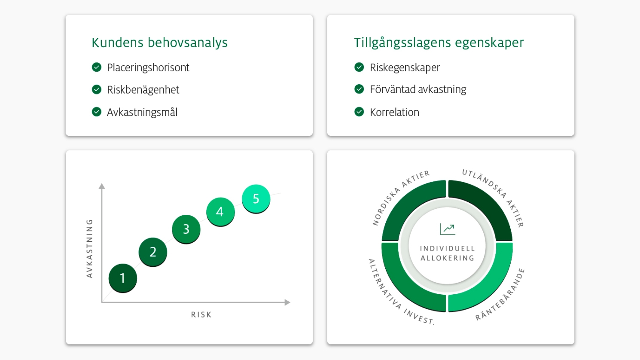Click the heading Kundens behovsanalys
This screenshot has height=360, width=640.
(x=159, y=43)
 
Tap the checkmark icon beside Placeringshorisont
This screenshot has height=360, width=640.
(x=97, y=67)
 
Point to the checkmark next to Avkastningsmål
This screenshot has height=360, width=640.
(x=97, y=112)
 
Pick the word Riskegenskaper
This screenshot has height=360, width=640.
(x=405, y=68)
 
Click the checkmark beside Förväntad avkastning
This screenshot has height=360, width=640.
(x=359, y=89)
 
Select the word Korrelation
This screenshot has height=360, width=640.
(x=395, y=112)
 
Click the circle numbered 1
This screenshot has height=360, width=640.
(x=123, y=278)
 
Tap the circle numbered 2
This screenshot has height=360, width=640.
(x=153, y=252)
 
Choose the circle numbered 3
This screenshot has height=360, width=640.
(x=186, y=229)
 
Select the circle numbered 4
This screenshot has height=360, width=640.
(x=220, y=212)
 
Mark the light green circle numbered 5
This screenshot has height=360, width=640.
(x=256, y=199)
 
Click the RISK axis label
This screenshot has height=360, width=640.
(x=201, y=314)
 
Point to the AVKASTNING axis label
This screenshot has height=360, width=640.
(x=90, y=249)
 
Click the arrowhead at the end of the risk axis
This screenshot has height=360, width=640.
(x=287, y=302)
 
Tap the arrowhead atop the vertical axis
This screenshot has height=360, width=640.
(x=102, y=186)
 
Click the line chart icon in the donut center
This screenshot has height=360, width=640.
(x=448, y=229)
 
